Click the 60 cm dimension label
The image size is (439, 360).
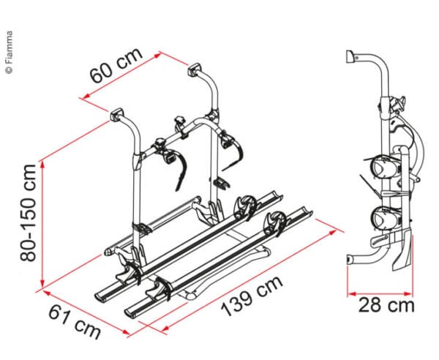click(116, 66)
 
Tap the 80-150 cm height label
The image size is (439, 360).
click(28, 214)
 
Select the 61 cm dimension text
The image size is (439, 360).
click(74, 322)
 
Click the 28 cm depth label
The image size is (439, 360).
click(386, 305)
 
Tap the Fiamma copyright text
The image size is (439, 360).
click(10, 53)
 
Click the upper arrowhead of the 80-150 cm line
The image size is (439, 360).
click(42, 165)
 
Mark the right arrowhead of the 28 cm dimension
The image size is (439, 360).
click(408, 294)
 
